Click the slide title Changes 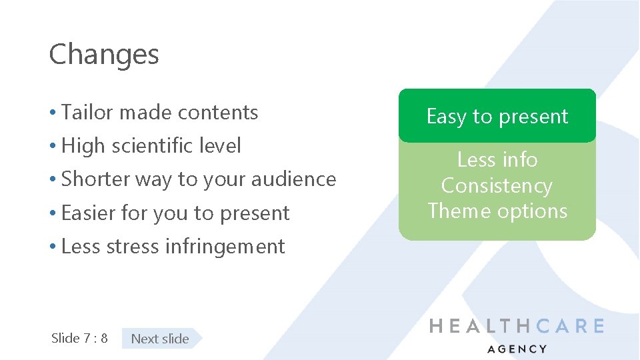(104, 54)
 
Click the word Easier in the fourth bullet (89, 213)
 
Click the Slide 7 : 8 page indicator (79, 338)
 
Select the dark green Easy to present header (497, 117)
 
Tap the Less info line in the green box (497, 160)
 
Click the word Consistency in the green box (497, 185)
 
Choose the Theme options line (497, 211)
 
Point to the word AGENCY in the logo (517, 349)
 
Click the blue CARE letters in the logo (569, 326)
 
